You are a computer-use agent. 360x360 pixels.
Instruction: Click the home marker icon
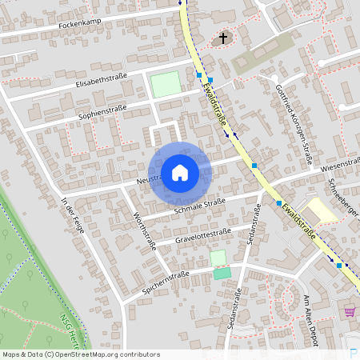180,172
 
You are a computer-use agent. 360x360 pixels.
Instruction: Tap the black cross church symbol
222,38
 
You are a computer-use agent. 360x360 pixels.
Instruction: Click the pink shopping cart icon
349,311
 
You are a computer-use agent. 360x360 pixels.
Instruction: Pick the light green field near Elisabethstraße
166,84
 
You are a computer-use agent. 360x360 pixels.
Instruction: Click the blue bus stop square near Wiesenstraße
255,165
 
